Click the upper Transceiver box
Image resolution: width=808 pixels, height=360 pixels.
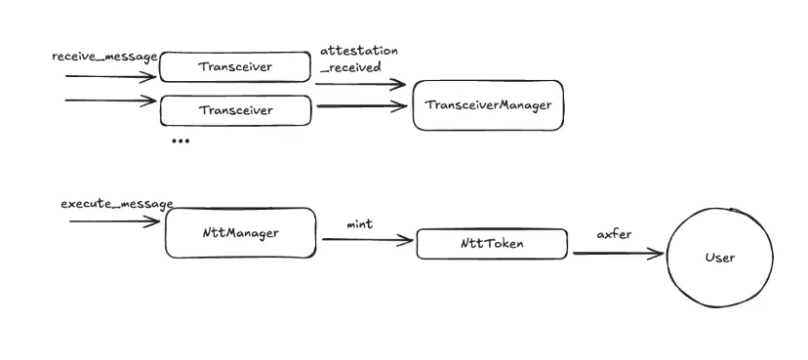click(234, 67)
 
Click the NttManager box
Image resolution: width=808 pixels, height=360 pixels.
click(240, 233)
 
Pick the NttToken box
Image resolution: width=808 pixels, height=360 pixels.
click(492, 244)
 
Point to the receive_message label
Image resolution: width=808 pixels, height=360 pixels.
click(104, 57)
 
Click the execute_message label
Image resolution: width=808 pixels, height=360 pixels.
click(116, 204)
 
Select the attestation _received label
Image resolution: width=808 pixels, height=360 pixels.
click(358, 59)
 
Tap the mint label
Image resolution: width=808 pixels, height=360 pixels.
click(360, 224)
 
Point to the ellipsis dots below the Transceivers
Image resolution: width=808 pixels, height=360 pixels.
click(181, 141)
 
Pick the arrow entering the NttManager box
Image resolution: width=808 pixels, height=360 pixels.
click(113, 222)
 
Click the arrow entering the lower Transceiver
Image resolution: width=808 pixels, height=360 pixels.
click(109, 100)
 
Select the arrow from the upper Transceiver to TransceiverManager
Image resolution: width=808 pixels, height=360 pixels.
click(360, 84)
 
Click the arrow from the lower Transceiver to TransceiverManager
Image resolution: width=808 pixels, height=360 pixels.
click(360, 105)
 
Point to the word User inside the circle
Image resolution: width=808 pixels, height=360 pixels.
click(719, 258)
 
